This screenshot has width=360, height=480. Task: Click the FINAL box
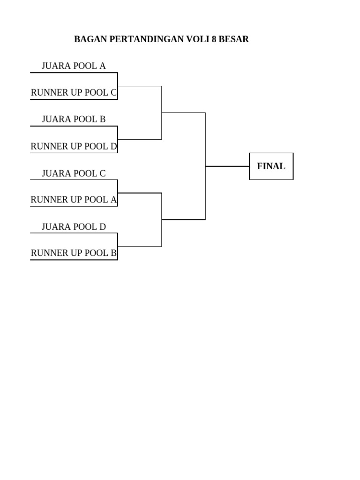point(271,166)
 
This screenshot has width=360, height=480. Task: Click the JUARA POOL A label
point(74,66)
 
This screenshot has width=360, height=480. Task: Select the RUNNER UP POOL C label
point(74,92)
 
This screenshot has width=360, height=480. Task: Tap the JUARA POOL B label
point(74,119)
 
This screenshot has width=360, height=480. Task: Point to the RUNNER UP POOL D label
point(74,146)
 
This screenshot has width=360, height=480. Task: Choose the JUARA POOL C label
point(74,173)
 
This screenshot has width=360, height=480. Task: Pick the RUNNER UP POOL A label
point(74,200)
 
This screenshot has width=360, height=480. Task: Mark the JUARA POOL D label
point(74,227)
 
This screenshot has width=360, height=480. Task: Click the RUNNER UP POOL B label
point(74,254)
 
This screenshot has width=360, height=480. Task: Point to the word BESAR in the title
point(234,39)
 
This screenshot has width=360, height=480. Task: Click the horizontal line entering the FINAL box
point(227,166)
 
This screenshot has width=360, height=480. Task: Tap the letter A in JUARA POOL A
point(103,66)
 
